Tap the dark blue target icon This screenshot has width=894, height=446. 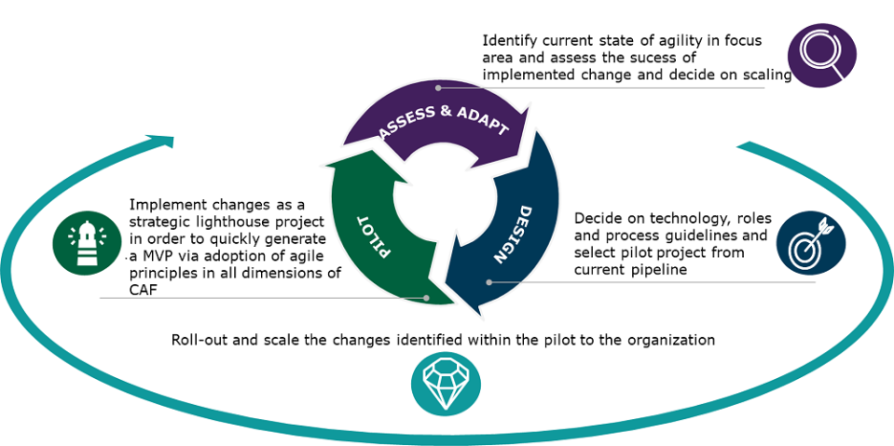pyautogui.click(x=810, y=242)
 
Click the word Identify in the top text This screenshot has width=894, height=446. pyautogui.click(x=510, y=41)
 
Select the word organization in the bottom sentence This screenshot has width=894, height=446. pyautogui.click(x=668, y=340)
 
